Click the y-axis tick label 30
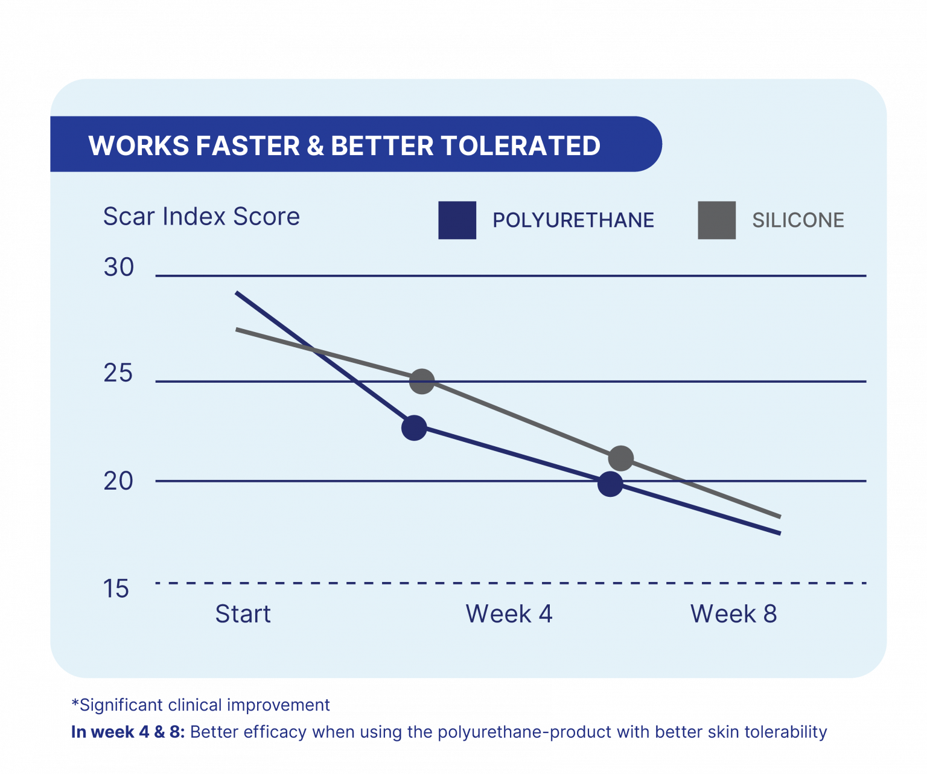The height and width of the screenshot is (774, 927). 118,267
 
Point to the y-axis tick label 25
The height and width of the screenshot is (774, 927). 118,373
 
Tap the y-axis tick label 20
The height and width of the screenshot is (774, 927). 118,481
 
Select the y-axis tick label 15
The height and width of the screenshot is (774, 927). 116,589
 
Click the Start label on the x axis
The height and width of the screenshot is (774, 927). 243,614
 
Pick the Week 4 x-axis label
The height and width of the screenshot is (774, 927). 509,614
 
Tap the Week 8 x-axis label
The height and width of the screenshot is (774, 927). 733,614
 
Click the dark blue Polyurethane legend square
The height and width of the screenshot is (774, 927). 457,220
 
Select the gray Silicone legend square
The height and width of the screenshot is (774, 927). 716,220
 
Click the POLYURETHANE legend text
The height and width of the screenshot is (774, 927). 573,220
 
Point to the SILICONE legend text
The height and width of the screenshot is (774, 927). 798,220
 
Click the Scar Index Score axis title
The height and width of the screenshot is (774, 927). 202,216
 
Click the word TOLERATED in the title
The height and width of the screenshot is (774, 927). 520,146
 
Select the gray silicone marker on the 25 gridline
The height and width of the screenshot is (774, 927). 422,381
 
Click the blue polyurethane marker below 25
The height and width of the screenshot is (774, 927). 414,428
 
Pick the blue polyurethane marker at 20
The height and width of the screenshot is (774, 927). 610,484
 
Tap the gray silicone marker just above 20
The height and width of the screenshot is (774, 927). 621,458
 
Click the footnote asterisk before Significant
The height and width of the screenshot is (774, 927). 75,703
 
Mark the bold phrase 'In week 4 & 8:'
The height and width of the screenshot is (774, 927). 128,732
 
